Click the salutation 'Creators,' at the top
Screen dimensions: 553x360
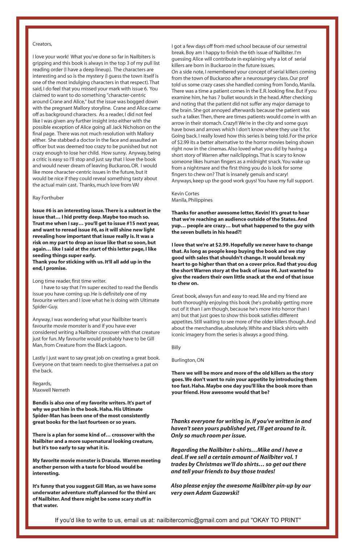pos(42,44)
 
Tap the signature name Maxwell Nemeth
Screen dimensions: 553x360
pos(51,390)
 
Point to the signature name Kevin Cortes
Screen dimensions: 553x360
pos(185,194)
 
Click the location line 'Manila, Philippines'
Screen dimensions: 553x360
pos(192,200)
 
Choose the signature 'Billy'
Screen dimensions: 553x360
pos(176,347)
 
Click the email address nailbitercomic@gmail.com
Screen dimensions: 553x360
pos(192,520)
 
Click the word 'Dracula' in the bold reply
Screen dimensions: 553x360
pos(110,460)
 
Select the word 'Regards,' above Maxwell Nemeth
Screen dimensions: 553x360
pos(42,383)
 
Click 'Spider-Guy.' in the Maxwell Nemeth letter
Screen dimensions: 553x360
pos(45,307)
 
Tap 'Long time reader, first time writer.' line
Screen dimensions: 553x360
pos(70,281)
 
